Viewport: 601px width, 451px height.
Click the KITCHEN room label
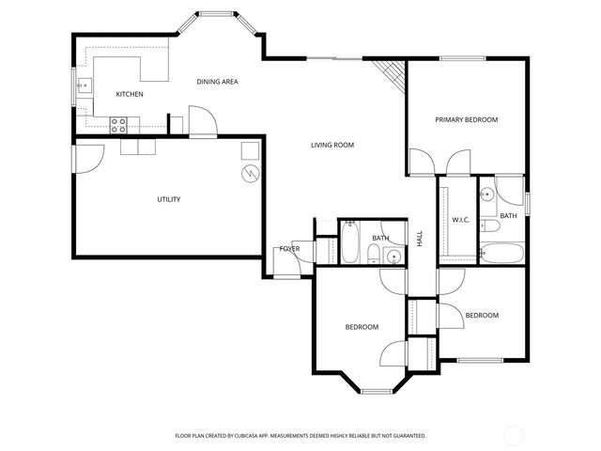click(129, 95)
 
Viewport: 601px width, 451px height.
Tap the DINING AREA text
click(217, 82)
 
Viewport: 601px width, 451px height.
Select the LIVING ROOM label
click(332, 145)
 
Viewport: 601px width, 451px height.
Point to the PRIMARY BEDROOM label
click(466, 120)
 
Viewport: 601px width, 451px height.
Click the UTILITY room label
click(168, 199)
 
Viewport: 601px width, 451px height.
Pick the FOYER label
click(289, 249)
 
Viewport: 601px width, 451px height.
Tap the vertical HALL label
click(420, 240)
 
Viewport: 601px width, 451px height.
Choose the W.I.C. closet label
click(460, 220)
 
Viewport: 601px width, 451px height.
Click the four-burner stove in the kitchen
click(119, 122)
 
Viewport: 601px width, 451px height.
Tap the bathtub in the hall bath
click(348, 243)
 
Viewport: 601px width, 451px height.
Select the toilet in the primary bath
click(490, 226)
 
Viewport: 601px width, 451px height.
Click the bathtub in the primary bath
click(501, 252)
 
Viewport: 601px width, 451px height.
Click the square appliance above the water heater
click(250, 150)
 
